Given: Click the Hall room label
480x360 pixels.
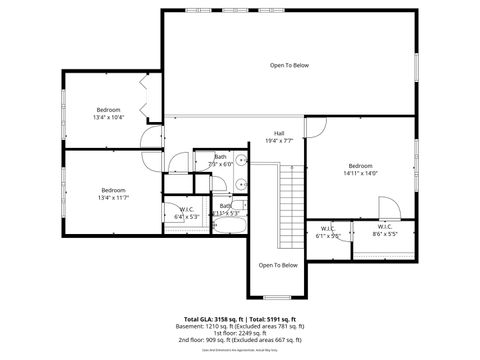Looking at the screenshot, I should click(x=281, y=133).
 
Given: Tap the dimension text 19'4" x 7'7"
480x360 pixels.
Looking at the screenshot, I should click(x=281, y=141).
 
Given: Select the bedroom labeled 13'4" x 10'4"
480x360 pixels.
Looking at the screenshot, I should click(x=108, y=113).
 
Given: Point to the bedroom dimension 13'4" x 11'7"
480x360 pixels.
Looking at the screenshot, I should click(x=113, y=197).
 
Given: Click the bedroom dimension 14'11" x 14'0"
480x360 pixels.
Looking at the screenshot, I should click(x=360, y=173).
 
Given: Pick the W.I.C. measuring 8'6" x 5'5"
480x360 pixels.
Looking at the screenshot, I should click(x=384, y=234).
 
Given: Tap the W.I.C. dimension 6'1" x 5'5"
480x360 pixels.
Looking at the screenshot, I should click(x=328, y=236).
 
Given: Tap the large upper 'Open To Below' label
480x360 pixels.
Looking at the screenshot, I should click(x=289, y=65).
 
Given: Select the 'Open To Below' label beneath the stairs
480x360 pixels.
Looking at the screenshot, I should click(x=278, y=265).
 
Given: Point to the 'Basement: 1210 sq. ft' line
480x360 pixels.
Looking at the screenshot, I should click(x=241, y=325).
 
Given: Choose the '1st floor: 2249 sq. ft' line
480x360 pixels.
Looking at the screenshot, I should click(x=241, y=333).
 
